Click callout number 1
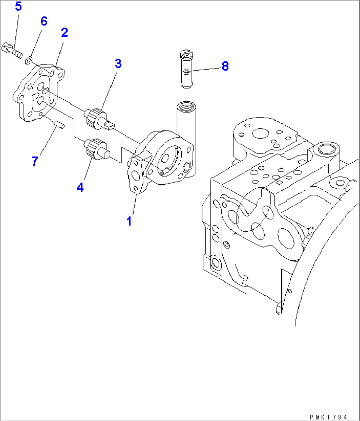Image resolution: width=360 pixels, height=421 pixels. point(129,221)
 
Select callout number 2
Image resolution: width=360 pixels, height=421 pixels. point(64,32)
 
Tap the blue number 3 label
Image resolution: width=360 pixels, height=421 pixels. point(118,63)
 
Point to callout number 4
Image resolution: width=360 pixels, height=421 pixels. point(80,187)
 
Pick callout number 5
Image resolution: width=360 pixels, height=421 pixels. point(18,6)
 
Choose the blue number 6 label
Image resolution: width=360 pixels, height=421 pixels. point(44,21)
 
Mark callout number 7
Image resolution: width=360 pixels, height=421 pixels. point(35,161)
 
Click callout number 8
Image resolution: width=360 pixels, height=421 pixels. point(225,66)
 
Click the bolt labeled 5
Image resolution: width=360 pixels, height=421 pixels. point(12,49)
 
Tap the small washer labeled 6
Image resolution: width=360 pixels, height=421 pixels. point(29,60)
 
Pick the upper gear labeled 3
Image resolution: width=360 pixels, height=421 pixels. point(96,118)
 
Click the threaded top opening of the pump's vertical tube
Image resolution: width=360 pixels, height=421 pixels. point(185,107)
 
